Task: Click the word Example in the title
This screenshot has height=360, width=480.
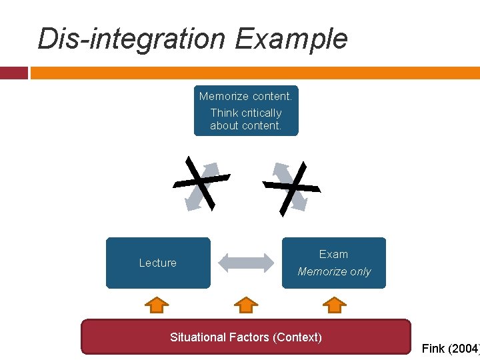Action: [x=291, y=39]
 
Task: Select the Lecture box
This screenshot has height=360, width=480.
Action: [x=158, y=263]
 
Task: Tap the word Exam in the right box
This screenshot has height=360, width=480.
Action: [x=333, y=254]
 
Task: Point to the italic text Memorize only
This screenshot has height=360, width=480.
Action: [x=334, y=271]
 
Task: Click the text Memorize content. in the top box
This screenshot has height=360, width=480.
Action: [x=245, y=97]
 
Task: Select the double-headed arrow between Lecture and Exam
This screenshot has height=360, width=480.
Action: [x=246, y=263]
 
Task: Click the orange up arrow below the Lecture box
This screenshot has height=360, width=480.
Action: [x=157, y=305]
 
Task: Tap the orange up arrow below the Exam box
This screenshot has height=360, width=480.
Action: [x=334, y=305]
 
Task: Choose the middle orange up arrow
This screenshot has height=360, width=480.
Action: [x=246, y=305]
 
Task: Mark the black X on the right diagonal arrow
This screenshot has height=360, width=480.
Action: [x=292, y=187]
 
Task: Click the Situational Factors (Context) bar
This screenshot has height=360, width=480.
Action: [x=246, y=337]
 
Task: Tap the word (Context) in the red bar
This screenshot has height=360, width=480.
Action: [x=297, y=337]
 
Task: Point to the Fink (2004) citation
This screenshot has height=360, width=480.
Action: [x=451, y=348]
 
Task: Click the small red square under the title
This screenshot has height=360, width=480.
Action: [x=13, y=73]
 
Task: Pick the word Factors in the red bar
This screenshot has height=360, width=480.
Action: [x=249, y=337]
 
